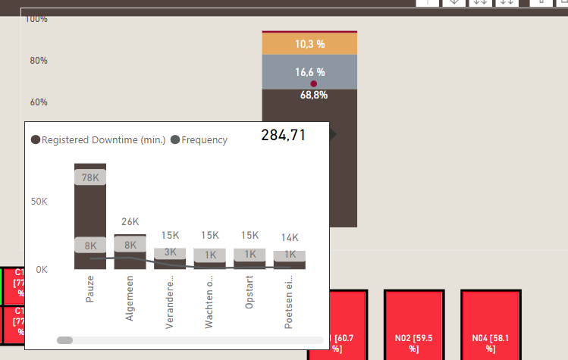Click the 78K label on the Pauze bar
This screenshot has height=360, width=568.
90,178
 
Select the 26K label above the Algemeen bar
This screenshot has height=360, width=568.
130,222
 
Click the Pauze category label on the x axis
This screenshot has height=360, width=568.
90,290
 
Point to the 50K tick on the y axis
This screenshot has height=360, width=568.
39,202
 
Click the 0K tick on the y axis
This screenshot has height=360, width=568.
42,270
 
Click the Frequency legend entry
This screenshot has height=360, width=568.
199,140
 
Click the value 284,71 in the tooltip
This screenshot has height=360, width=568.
283,136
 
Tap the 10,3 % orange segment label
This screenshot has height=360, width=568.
309,45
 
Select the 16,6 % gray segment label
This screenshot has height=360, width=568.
309,73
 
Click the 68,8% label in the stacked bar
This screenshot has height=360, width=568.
314,95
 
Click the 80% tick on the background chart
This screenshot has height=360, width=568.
39,61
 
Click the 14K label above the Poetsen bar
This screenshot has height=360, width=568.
290,237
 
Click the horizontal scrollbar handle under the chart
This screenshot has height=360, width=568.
65,340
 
